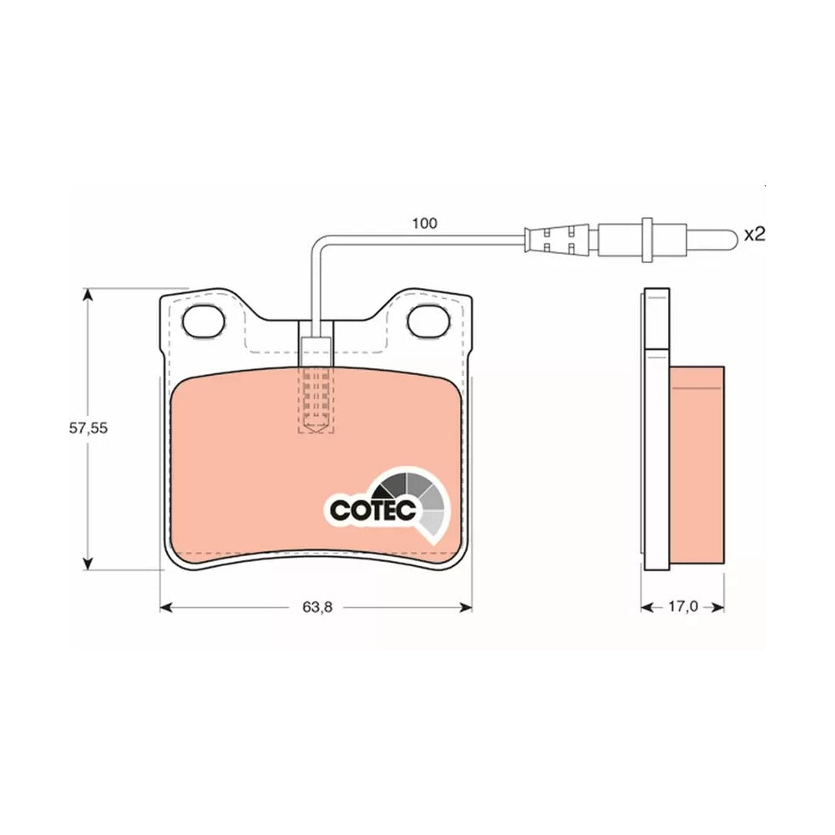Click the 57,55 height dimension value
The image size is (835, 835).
click(89, 428)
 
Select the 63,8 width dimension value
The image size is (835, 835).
click(317, 606)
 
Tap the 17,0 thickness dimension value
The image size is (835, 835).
click(683, 606)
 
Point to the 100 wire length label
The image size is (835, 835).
click(424, 223)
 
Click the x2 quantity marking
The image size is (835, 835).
click(754, 234)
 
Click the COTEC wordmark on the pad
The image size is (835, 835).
click(372, 510)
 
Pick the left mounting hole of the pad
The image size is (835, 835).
click(204, 321)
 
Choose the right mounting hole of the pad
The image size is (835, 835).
click(428, 321)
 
